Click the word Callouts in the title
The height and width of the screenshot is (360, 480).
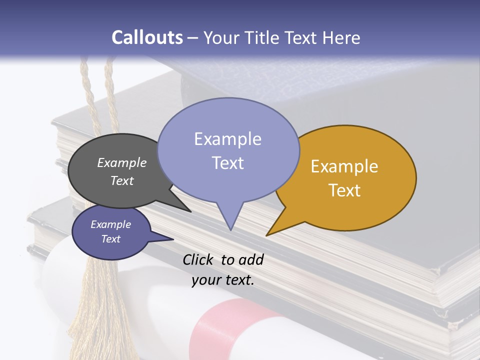click(147, 37)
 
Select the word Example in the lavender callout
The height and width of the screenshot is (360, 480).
click(227, 139)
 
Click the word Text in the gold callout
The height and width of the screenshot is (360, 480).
click(344, 190)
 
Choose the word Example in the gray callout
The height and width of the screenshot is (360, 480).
click(121, 162)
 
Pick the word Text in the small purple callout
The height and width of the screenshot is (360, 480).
click(110, 239)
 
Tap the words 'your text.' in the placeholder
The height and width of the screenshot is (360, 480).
click(223, 280)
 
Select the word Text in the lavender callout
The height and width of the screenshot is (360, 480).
click(227, 163)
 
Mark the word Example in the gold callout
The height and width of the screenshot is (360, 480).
click(344, 166)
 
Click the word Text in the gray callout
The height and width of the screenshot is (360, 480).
click(121, 180)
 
